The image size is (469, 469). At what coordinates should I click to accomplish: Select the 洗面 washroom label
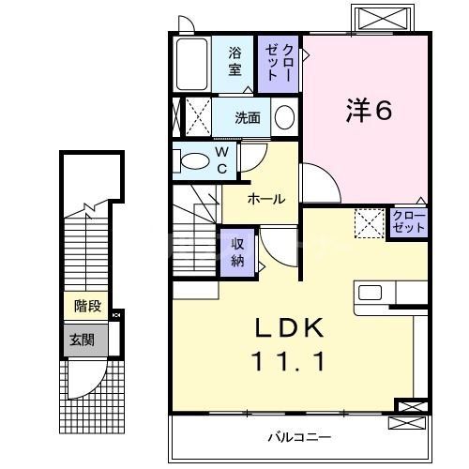(248, 118)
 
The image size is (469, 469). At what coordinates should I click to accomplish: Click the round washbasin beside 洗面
(284, 117)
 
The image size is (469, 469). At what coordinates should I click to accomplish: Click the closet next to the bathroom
(280, 62)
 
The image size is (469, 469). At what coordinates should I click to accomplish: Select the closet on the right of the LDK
(409, 223)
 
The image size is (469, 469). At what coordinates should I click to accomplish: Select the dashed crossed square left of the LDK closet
(370, 224)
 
